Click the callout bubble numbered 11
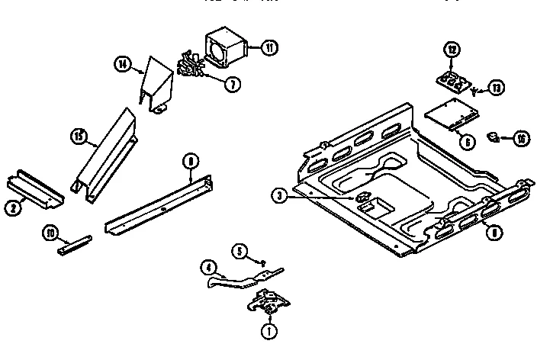coord(268,47)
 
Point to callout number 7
coord(229,84)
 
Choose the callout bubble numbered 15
coord(78,138)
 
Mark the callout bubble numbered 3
coord(281,196)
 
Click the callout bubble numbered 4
coord(207,268)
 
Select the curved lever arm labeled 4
coord(240,276)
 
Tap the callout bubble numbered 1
coord(268,332)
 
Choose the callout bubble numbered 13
coord(498,88)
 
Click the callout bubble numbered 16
coord(521,138)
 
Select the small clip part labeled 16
coord(494,137)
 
